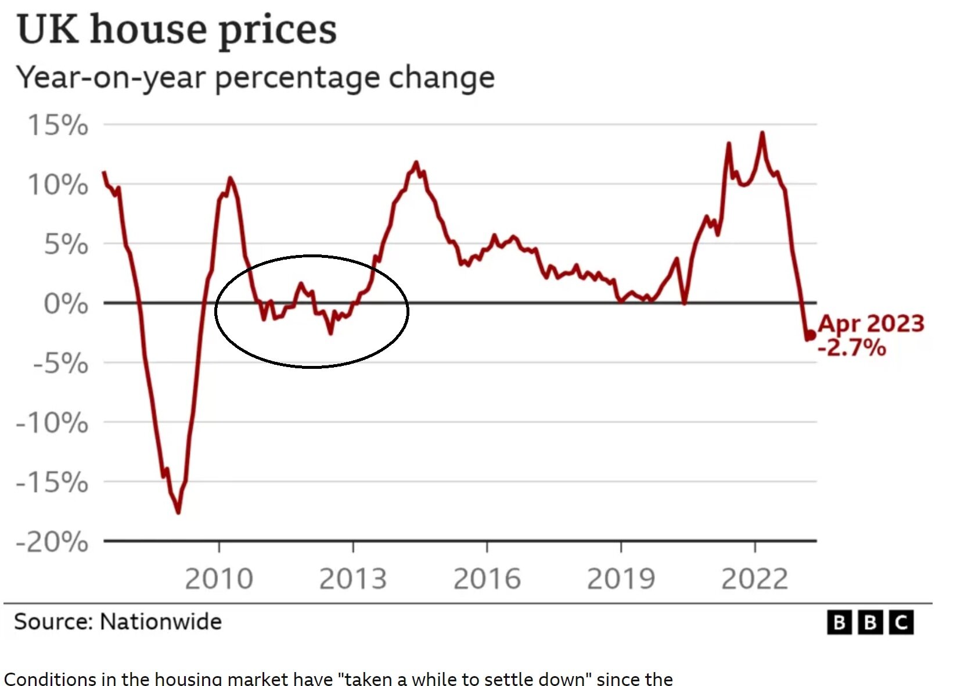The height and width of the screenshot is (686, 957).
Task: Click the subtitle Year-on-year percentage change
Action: [x=255, y=77]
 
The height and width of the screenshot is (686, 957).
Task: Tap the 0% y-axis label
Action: [x=66, y=304]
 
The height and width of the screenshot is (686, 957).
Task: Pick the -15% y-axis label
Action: [x=52, y=482]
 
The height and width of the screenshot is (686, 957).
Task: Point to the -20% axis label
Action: [x=52, y=543]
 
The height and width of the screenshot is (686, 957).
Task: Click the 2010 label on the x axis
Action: [x=219, y=579]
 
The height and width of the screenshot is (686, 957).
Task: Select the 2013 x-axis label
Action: [x=353, y=579]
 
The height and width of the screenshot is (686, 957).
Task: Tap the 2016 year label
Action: [x=487, y=579]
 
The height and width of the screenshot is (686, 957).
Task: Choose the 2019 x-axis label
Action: [x=621, y=579]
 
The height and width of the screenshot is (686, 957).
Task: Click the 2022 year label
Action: [x=755, y=579]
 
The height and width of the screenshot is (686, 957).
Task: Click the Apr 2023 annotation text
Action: [x=871, y=324]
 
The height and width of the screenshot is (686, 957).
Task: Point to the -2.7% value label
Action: [x=852, y=347]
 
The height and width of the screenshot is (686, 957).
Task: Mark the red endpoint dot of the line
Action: [x=811, y=335]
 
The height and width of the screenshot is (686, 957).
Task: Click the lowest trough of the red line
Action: [x=178, y=512]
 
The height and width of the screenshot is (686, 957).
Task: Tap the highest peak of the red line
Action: [x=762, y=134]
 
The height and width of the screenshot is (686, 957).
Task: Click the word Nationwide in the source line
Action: [x=161, y=622]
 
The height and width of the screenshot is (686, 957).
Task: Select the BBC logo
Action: [x=870, y=623]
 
